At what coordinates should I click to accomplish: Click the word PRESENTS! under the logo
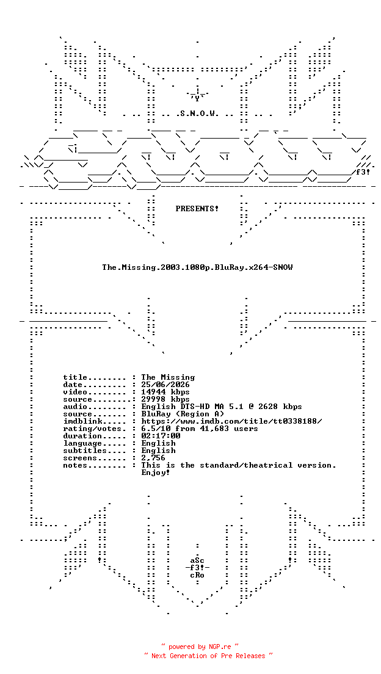coord(197,209)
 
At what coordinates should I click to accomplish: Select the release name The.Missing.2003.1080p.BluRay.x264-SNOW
coord(197,267)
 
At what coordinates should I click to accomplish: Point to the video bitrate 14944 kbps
coord(165,392)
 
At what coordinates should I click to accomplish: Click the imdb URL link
coord(231,421)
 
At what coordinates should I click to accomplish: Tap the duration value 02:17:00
coord(161,436)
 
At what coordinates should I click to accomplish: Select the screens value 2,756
coord(153,458)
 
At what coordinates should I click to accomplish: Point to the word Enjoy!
coord(156,473)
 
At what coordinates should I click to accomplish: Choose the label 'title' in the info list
coord(75,377)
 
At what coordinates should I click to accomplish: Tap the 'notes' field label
coord(75,465)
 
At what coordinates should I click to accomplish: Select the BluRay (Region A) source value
coord(183,414)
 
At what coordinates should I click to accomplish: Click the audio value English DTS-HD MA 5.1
coord(195,407)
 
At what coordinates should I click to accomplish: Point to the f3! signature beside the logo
coord(363,172)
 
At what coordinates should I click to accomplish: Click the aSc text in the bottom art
coord(197,561)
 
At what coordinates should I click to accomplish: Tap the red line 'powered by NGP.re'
coord(200,647)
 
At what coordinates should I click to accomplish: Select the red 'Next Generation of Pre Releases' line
coord(208,656)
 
